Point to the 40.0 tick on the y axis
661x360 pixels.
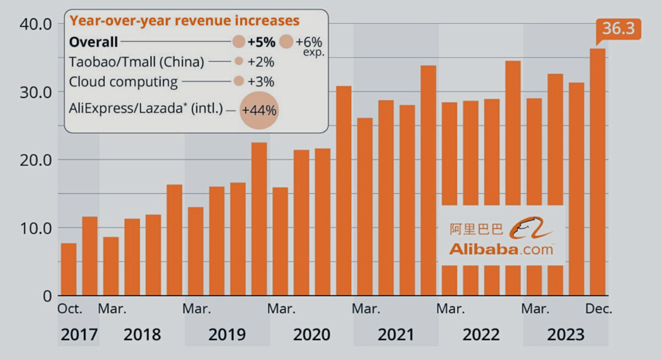click(x=37, y=24)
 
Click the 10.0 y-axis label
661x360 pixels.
click(x=37, y=228)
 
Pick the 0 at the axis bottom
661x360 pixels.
click(x=46, y=296)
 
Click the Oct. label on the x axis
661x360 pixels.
click(x=70, y=309)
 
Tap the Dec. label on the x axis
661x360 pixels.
click(x=598, y=309)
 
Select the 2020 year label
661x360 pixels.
click(x=312, y=335)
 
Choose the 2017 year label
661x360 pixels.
click(x=79, y=335)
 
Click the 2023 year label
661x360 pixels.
click(x=565, y=335)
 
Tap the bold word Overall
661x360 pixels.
click(x=94, y=43)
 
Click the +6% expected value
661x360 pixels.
click(x=309, y=42)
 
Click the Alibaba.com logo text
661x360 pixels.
click(x=501, y=249)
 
